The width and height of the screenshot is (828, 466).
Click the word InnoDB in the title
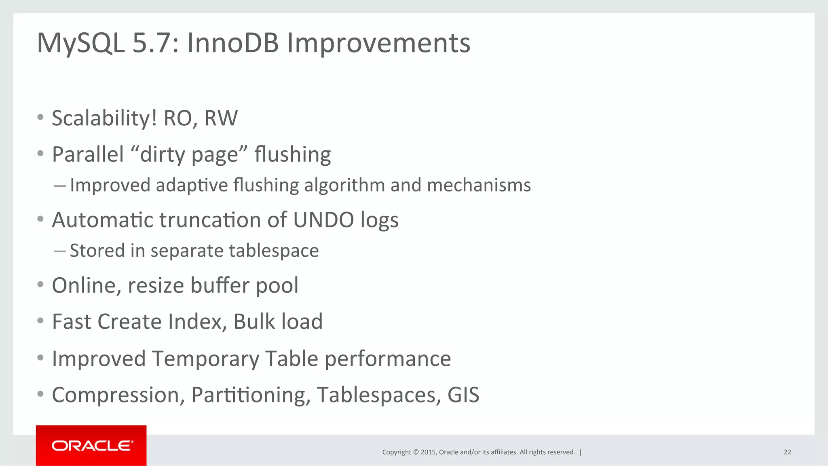tap(232, 43)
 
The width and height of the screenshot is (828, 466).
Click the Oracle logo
tap(91, 446)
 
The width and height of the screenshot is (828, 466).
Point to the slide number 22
tap(787, 452)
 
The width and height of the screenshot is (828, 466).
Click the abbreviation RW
tap(221, 118)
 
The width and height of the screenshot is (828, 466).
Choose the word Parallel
tap(88, 154)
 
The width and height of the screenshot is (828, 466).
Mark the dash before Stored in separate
tap(59, 251)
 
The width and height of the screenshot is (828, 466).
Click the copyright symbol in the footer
tap(416, 452)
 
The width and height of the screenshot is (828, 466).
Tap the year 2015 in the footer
tap(428, 452)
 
